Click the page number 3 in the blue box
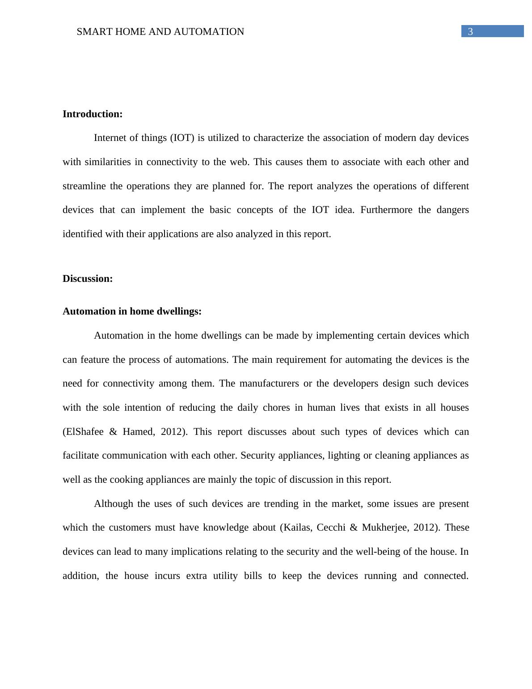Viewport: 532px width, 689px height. (x=470, y=31)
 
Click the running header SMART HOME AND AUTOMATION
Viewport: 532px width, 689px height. (x=160, y=32)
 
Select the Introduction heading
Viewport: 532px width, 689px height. (x=93, y=114)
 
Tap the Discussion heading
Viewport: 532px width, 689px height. (x=88, y=279)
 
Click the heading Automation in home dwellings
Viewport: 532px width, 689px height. (x=132, y=311)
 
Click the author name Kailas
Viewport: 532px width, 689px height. (x=297, y=527)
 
